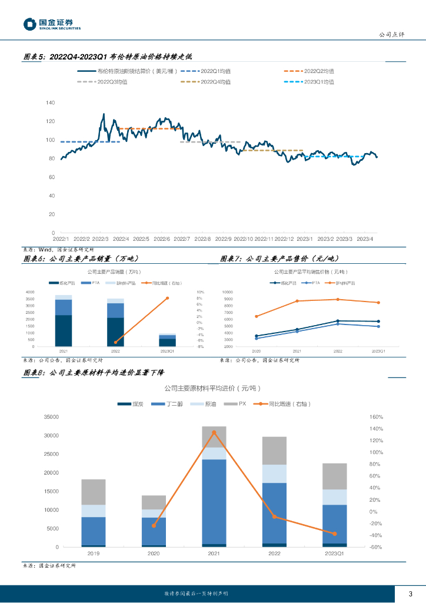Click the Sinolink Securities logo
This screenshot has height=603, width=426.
click(52, 24)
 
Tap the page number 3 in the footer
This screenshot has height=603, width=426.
click(410, 593)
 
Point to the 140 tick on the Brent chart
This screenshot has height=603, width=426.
click(50, 102)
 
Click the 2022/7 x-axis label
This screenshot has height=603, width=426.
click(182, 239)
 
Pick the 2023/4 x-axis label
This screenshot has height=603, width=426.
click(367, 239)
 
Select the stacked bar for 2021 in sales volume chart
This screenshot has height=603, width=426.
click(64, 321)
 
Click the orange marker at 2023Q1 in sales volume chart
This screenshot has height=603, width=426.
click(167, 298)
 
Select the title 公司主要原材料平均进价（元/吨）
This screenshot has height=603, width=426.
click(212, 389)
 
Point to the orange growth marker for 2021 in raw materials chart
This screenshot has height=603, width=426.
click(214, 432)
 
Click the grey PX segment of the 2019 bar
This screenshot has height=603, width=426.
click(94, 492)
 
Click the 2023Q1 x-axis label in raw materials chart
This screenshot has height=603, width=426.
click(334, 554)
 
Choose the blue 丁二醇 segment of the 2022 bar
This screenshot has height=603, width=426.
click(274, 512)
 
